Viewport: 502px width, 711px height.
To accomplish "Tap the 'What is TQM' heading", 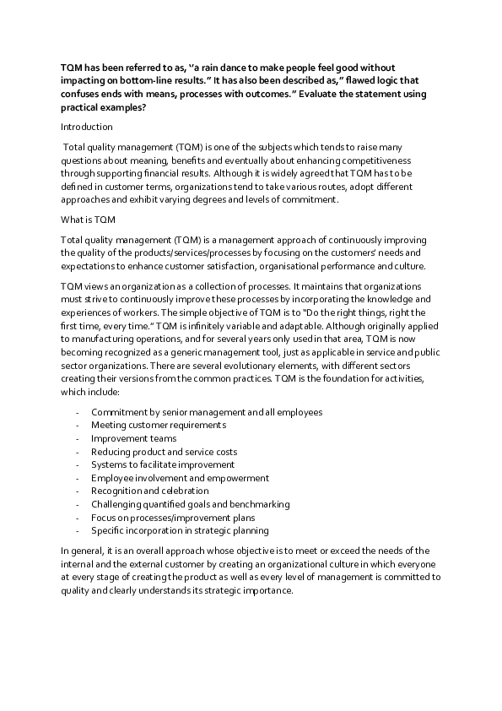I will tap(89, 220).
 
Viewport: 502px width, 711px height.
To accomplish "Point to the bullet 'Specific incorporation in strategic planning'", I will tap(180, 530).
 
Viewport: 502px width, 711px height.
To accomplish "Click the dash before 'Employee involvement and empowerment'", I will tap(78, 478).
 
